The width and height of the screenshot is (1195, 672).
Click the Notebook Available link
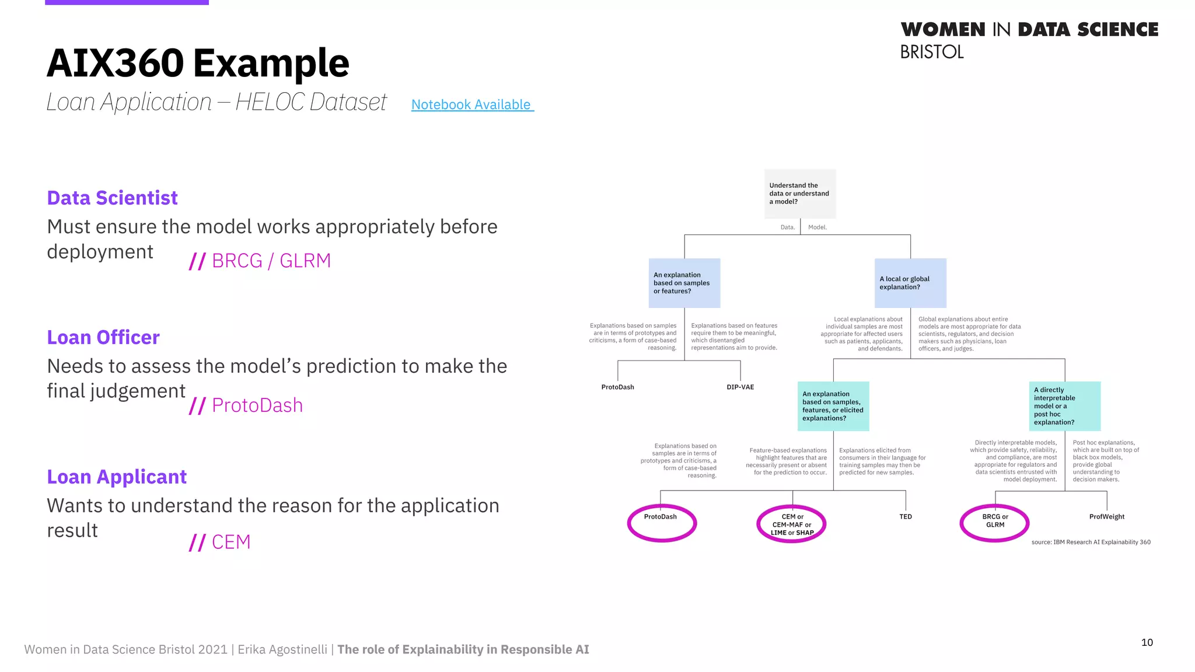471,104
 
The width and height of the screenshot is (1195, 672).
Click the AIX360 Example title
198,63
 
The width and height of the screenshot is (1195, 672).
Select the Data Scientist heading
112,198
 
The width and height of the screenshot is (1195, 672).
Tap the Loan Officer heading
103,337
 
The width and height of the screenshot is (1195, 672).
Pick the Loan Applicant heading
117,477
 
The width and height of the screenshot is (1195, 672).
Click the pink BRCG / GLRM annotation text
271,261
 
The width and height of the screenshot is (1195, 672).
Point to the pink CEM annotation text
230,542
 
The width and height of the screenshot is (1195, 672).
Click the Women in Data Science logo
1029,40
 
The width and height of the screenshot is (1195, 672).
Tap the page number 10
1147,642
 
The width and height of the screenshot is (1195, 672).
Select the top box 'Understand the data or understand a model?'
800,194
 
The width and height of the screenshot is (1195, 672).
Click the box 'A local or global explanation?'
910,283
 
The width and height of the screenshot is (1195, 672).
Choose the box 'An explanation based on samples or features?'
684,283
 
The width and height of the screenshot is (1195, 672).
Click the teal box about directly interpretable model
1064,406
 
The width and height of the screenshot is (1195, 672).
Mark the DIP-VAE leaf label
740,387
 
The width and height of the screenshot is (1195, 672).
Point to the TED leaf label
905,517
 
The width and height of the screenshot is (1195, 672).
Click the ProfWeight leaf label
1106,517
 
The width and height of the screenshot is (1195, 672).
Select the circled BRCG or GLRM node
994,521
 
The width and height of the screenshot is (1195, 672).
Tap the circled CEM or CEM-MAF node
791,524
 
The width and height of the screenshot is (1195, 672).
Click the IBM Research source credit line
1091,542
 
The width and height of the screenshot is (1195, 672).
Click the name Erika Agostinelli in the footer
282,649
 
